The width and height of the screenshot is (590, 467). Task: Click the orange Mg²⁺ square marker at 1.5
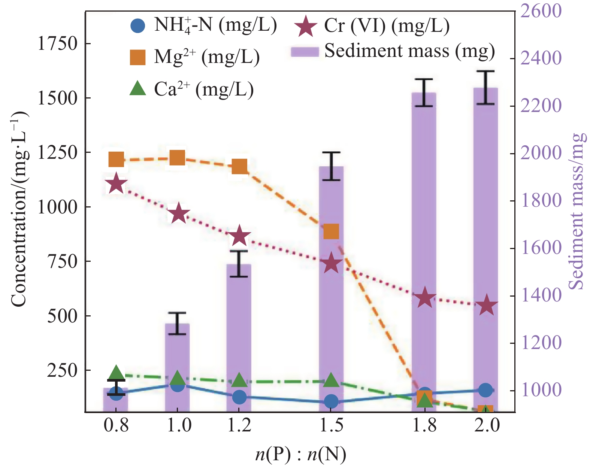click(331, 231)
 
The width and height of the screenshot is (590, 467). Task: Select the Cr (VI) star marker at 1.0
click(178, 213)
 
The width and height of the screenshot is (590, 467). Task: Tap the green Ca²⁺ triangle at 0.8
click(116, 373)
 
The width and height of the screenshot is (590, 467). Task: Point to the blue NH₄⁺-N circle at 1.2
click(239, 397)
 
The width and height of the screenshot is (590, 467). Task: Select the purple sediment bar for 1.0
click(178, 367)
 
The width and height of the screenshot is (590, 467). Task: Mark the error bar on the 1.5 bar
click(331, 166)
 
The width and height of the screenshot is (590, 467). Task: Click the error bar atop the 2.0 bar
click(485, 88)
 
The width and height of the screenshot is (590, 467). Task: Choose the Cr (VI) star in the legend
click(305, 26)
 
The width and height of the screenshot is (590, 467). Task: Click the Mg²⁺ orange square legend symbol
click(137, 57)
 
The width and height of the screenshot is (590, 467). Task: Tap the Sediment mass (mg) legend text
click(409, 51)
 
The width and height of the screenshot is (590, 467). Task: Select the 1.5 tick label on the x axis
click(332, 425)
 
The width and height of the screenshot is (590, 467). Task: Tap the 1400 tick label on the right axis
click(541, 296)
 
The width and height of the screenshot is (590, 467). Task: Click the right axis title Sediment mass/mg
click(577, 211)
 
